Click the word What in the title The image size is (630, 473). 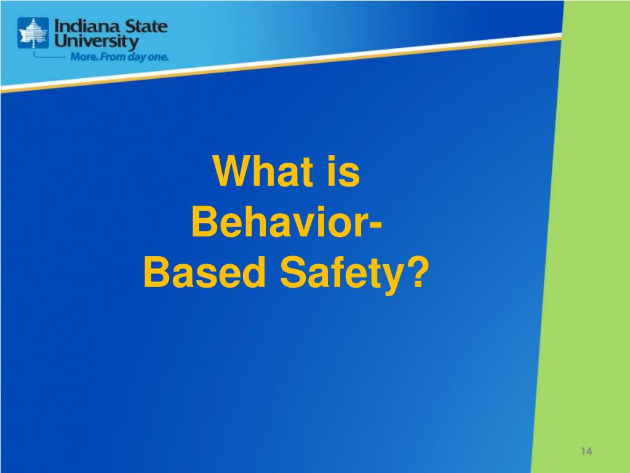click(263, 171)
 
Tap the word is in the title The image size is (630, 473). click(343, 171)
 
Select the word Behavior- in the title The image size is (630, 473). click(287, 222)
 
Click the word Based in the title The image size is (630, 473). click(204, 272)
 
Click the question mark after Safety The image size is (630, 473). click(418, 272)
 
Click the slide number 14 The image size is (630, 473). click(586, 451)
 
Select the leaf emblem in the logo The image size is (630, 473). click(33, 33)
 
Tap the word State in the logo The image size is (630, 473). click(146, 26)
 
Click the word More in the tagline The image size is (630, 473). click(84, 57)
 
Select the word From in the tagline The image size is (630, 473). click(113, 57)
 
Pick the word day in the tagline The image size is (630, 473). click(137, 57)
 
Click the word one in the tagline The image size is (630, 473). click(158, 57)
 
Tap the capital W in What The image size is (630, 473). click(231, 171)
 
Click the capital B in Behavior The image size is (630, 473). click(204, 222)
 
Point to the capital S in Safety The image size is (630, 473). click(292, 272)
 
